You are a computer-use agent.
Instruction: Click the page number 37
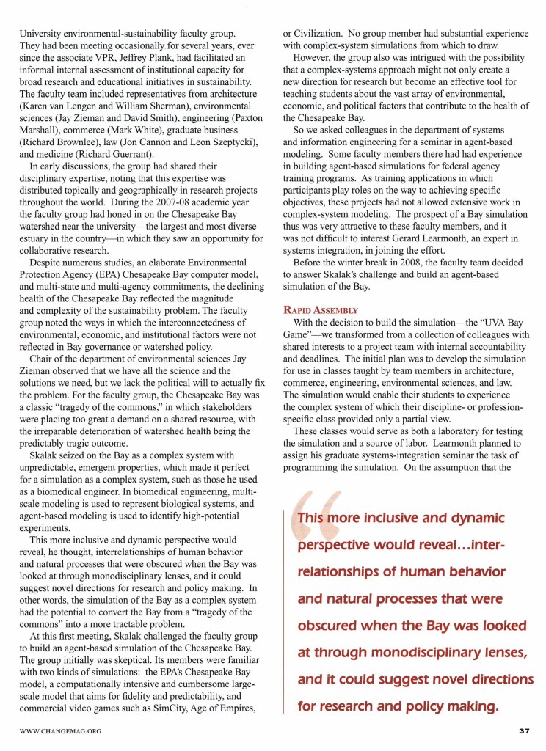pyautogui.click(x=523, y=730)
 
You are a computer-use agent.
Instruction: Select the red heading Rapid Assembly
pyautogui.click(x=320, y=310)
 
